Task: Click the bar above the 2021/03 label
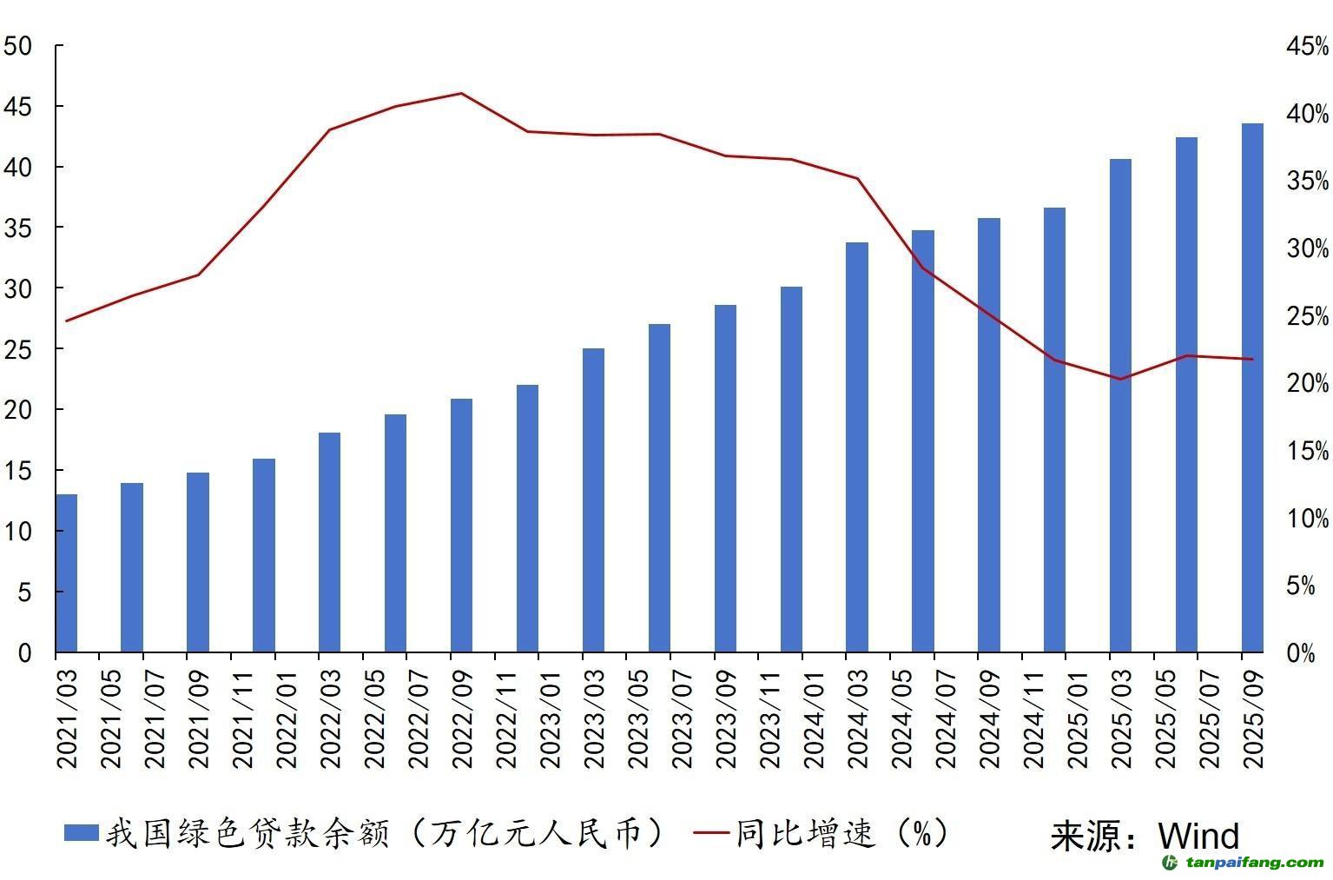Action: pyautogui.click(x=66, y=573)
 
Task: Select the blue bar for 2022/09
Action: pyautogui.click(x=461, y=526)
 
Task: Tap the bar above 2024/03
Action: pyautogui.click(x=856, y=447)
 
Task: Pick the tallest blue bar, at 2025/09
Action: pyautogui.click(x=1252, y=387)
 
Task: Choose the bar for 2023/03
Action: pyautogui.click(x=593, y=500)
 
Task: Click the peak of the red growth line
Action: pyautogui.click(x=461, y=94)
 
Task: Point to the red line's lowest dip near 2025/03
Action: pyautogui.click(x=1120, y=379)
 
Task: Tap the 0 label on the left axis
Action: pyautogui.click(x=24, y=652)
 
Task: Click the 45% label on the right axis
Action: pyautogui.click(x=1308, y=47)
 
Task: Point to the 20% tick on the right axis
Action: pyautogui.click(x=1308, y=383)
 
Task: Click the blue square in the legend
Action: pyautogui.click(x=81, y=833)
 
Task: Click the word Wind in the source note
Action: pyautogui.click(x=1198, y=836)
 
